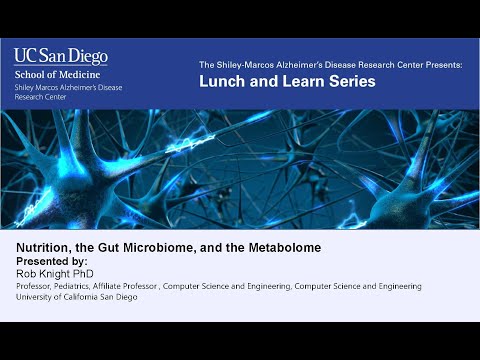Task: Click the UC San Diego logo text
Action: (x=61, y=56)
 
